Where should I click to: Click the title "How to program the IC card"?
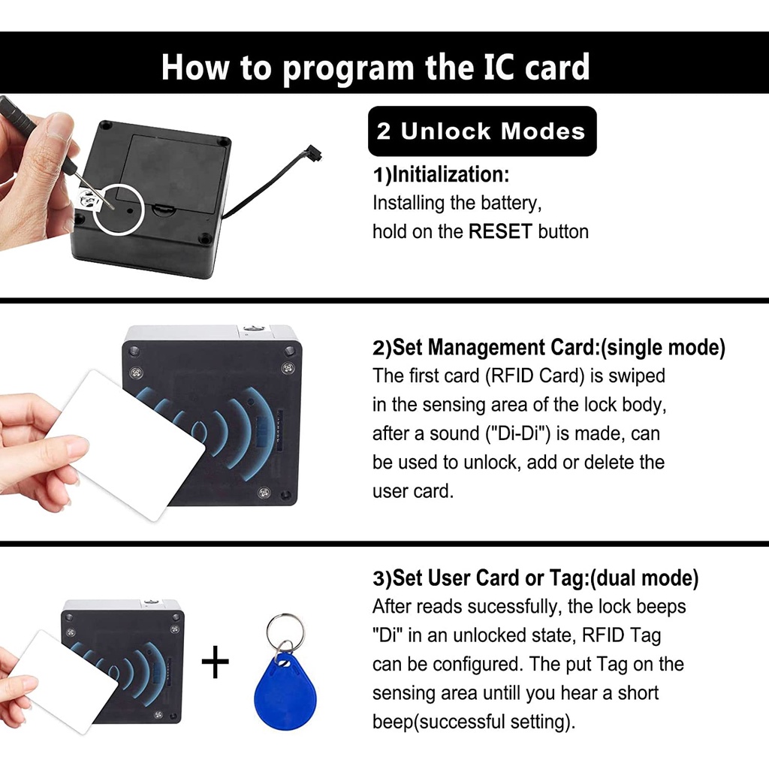tap(375, 67)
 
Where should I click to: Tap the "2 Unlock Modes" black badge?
tap(481, 131)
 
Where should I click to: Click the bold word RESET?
tap(500, 232)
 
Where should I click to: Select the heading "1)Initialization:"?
tap(442, 175)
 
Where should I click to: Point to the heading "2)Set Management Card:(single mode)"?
tap(549, 348)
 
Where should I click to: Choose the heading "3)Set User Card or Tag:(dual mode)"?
tap(535, 578)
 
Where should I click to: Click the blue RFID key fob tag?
tap(285, 691)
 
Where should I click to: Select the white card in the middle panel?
tap(128, 443)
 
